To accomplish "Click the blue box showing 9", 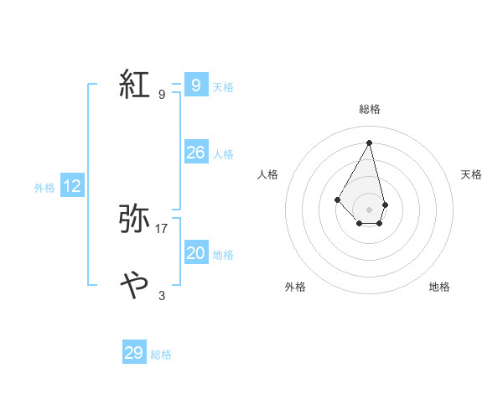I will pyautogui.click(x=195, y=85).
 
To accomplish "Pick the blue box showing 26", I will pyautogui.click(x=195, y=153).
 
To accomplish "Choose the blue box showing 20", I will pyautogui.click(x=195, y=253).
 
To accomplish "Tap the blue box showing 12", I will pyautogui.click(x=72, y=186).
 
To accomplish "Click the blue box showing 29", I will pyautogui.click(x=133, y=353).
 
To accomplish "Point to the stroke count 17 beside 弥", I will pyautogui.click(x=162, y=228).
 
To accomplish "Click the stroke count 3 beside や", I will pyautogui.click(x=162, y=295).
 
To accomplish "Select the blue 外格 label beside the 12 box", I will pyautogui.click(x=44, y=188).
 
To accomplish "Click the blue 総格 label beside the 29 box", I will pyautogui.click(x=161, y=355).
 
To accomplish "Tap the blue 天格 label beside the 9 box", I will pyautogui.click(x=223, y=87).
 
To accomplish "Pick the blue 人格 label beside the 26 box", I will pyautogui.click(x=223, y=154).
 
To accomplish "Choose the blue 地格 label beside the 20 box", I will pyautogui.click(x=223, y=255).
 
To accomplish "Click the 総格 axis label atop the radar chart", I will pyautogui.click(x=370, y=109).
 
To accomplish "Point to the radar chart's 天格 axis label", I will pyautogui.click(x=472, y=174).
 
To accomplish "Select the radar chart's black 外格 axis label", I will pyautogui.click(x=295, y=287).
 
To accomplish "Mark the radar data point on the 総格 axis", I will pyautogui.click(x=370, y=142).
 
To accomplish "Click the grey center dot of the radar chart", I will pyautogui.click(x=370, y=209).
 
